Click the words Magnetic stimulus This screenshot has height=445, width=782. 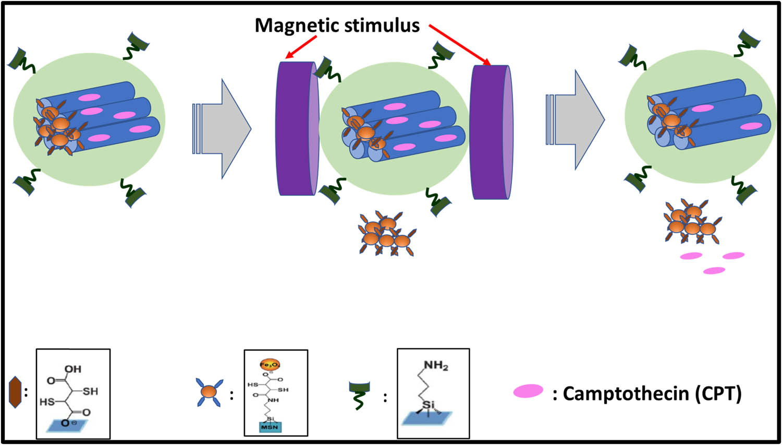click(337, 25)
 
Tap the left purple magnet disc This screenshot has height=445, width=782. click(296, 128)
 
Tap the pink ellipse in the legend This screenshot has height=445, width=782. click(528, 391)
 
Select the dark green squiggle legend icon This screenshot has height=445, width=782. click(359, 394)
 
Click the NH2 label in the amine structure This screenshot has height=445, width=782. click(435, 366)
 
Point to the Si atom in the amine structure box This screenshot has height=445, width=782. click(428, 405)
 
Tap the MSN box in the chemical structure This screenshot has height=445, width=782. click(270, 427)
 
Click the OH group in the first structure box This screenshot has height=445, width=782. click(72, 369)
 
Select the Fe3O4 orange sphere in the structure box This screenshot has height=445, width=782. click(270, 364)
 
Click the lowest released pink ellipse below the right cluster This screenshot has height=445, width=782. click(714, 271)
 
